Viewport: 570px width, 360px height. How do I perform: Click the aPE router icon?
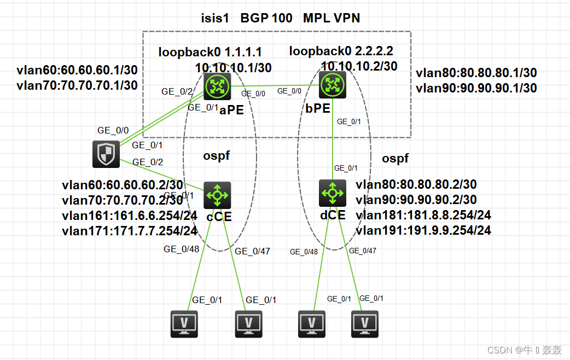click(x=217, y=86)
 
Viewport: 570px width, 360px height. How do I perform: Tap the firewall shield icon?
click(x=106, y=154)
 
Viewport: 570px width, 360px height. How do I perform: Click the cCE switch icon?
click(x=217, y=195)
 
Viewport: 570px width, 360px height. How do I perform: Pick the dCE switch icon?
click(x=333, y=193)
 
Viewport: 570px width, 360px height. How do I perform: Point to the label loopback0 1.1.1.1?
click(x=210, y=53)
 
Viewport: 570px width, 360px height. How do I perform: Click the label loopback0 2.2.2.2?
click(x=341, y=51)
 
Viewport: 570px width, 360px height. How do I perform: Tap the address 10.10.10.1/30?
click(x=233, y=68)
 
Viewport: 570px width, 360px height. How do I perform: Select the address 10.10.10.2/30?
click(x=359, y=66)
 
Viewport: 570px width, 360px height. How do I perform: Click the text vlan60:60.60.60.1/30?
click(x=77, y=71)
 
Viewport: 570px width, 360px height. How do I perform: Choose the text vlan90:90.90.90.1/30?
click(x=476, y=88)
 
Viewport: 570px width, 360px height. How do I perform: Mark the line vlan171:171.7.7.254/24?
click(x=130, y=231)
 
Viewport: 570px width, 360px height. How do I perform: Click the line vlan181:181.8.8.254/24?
click(x=423, y=215)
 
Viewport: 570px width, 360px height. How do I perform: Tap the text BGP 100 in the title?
click(x=266, y=18)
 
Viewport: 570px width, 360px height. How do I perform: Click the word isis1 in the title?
click(x=214, y=18)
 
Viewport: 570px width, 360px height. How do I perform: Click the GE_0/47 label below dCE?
click(x=362, y=251)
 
